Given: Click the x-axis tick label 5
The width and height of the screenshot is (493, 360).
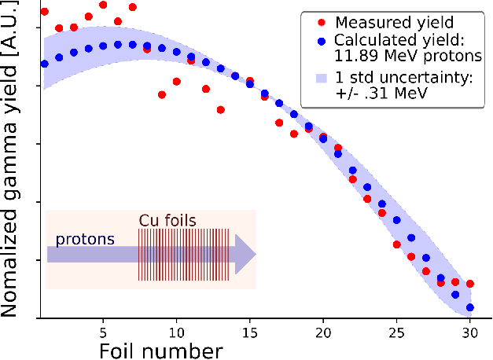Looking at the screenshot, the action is point(103,332).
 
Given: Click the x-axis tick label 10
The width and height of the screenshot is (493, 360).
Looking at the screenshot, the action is point(176,332).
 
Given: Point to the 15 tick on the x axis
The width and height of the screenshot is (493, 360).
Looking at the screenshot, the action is point(250,332).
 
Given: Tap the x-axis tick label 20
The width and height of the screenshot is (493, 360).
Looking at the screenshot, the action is point(323,332).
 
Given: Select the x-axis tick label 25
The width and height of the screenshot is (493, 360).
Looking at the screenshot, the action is point(397,332).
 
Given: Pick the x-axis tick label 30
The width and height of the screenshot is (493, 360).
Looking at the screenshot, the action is point(470,332).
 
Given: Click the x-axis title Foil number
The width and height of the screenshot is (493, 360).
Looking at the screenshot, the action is point(161,351).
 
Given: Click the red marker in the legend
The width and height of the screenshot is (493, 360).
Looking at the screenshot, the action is point(322,23).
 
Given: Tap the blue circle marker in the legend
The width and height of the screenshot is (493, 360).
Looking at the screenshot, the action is point(322,41).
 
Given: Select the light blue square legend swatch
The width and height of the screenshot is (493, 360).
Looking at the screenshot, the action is point(322,78).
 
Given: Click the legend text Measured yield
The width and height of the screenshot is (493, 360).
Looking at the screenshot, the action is point(395,22).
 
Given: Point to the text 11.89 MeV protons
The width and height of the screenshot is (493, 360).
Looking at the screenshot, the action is point(408,56).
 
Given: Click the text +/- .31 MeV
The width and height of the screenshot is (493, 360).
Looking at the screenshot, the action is point(381,93).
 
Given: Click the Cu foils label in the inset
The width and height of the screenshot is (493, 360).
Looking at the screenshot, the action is point(167,220).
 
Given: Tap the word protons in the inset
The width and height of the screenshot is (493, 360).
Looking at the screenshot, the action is point(85,240).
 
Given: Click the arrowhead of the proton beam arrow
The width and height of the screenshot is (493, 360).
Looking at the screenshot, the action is point(245,255).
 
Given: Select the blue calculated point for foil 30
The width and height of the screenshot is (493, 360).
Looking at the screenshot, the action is point(470,307).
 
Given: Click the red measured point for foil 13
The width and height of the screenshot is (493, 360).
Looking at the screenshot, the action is point(221,110).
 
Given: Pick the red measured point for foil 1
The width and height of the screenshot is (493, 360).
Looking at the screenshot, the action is point(45,12).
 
